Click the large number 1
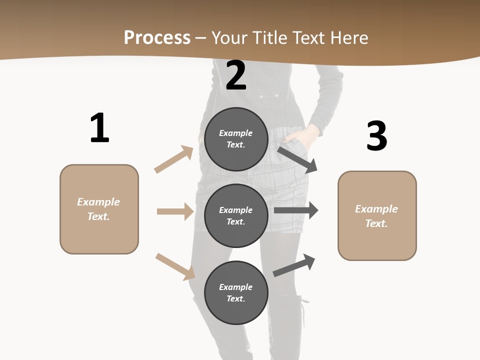(99, 128)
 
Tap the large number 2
(236, 76)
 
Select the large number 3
(376, 136)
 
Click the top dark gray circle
(236, 139)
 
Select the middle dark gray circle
(236, 215)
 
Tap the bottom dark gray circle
(236, 292)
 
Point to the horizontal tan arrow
(175, 211)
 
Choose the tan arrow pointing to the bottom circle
(175, 266)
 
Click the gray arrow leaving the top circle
(297, 159)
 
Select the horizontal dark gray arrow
(295, 210)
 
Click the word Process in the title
(157, 37)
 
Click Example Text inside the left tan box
(98, 209)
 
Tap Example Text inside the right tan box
(376, 216)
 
